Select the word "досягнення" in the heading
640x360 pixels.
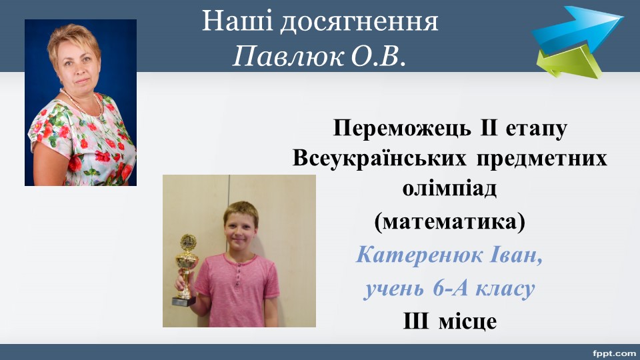click(359, 23)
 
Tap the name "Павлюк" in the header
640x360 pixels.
click(289, 56)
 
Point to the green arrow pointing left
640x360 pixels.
click(569, 61)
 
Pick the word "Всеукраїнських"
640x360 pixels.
click(379, 158)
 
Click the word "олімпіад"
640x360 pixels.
click(449, 189)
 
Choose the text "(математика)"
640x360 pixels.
click(449, 223)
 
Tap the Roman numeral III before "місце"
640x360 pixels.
click(416, 321)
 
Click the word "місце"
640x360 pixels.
click(468, 321)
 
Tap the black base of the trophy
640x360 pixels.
click(184, 301)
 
